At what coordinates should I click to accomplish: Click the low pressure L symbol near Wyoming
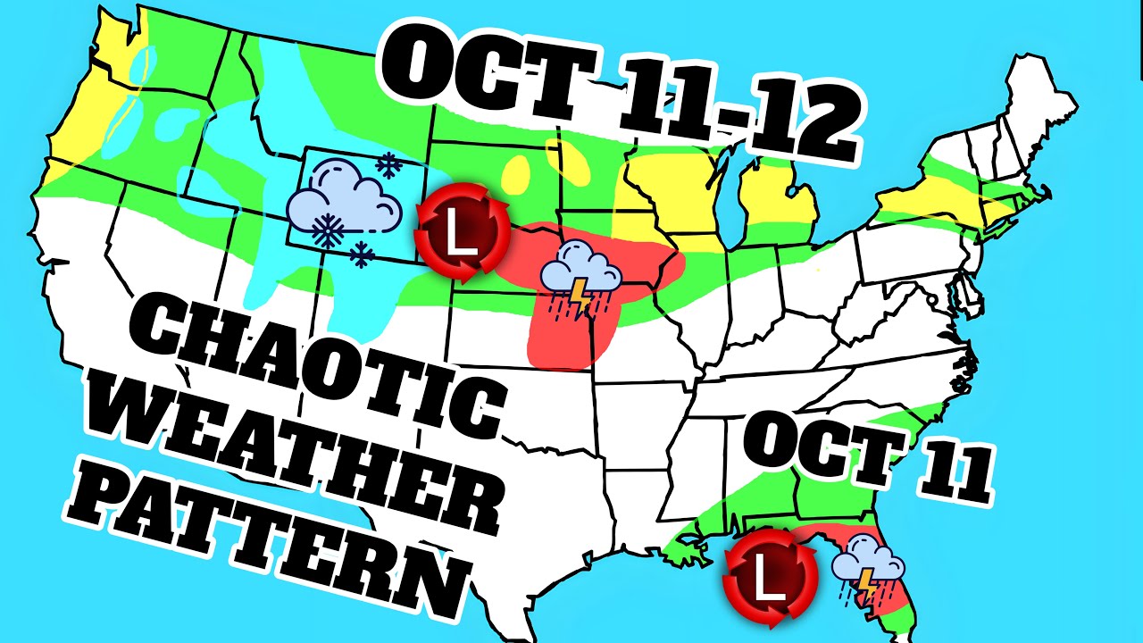[x=462, y=234]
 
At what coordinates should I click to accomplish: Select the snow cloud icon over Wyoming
[x=345, y=202]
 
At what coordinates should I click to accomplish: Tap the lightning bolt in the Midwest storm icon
[x=581, y=296]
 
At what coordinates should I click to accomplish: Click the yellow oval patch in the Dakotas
[x=517, y=175]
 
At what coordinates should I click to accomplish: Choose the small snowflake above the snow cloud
[x=388, y=163]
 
